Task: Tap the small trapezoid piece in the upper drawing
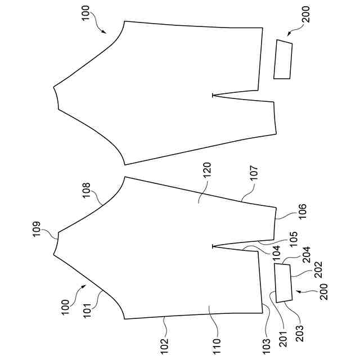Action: [282, 59]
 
